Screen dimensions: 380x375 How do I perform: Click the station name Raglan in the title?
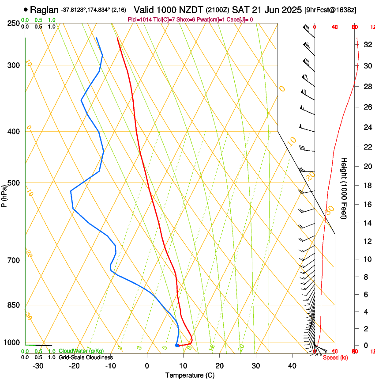[x=44, y=10]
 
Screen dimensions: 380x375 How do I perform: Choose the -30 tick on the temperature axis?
[x=38, y=366]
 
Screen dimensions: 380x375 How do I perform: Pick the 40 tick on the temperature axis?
[x=292, y=366]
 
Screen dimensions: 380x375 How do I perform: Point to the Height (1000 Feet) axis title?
[x=345, y=188]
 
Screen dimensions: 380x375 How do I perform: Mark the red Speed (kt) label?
[x=335, y=357]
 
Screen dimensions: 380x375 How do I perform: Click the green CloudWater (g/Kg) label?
[x=82, y=351]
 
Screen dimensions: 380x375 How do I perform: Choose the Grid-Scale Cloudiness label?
[x=86, y=357]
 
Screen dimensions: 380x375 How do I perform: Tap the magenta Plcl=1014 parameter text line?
[x=190, y=19]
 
